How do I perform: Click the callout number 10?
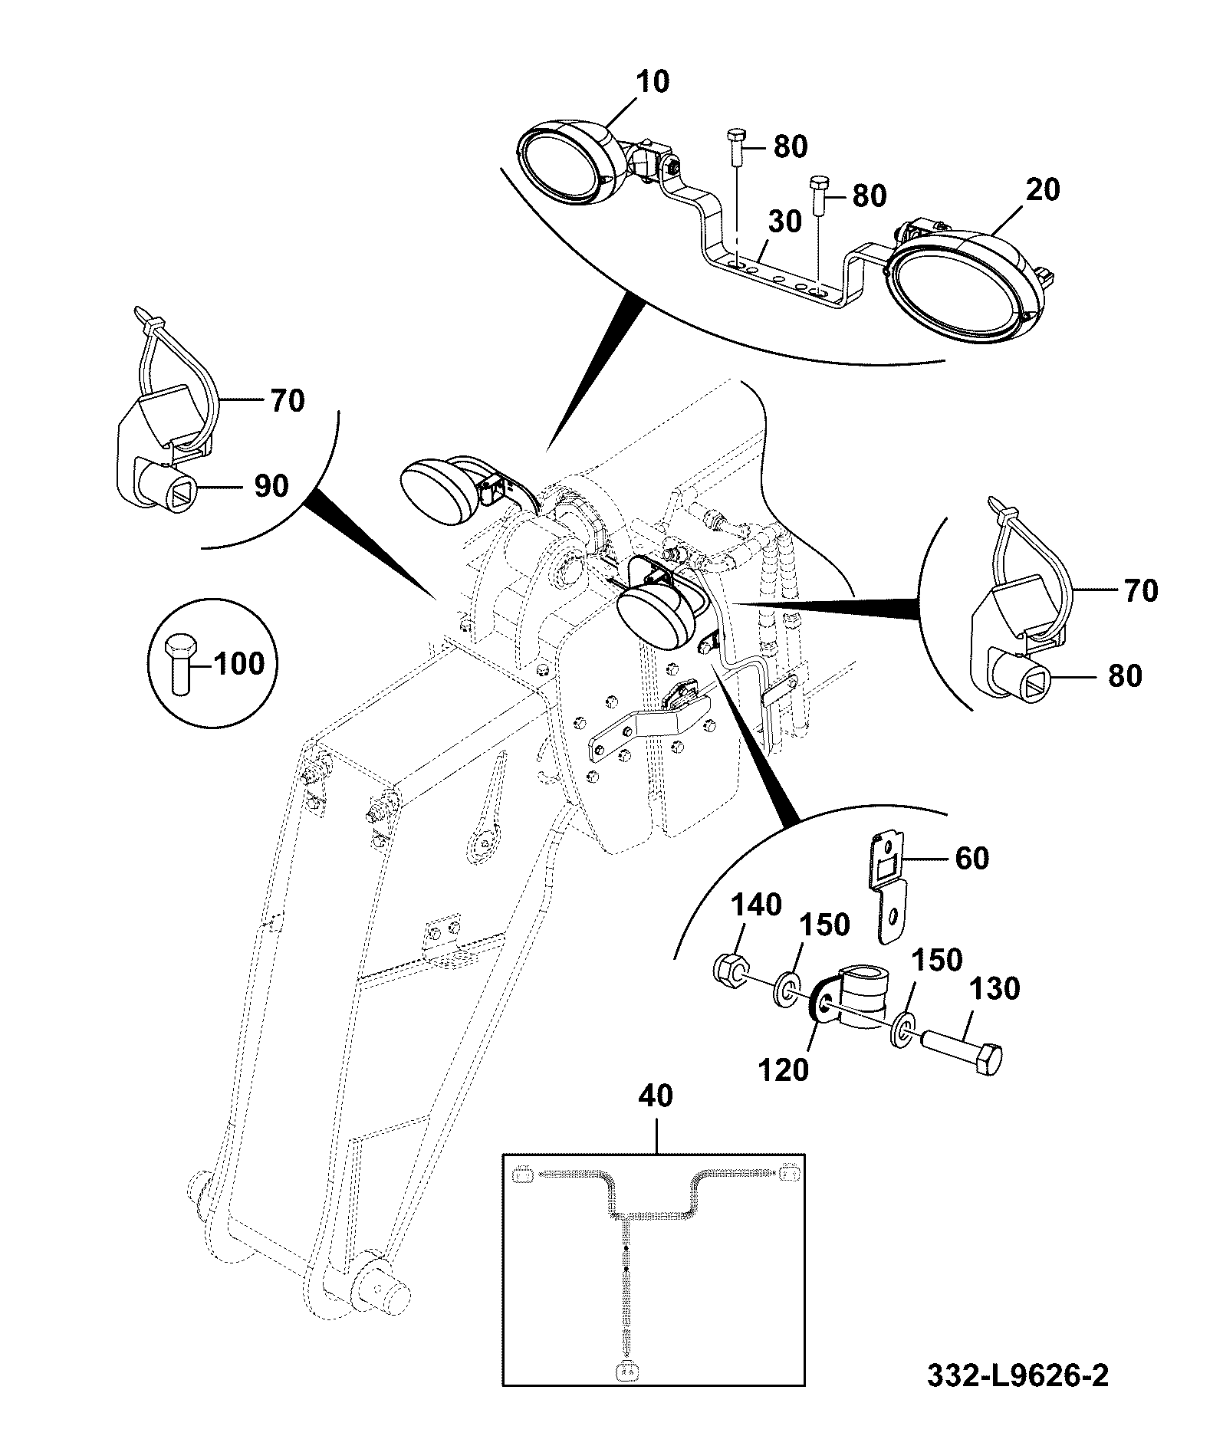(653, 81)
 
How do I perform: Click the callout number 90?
(271, 485)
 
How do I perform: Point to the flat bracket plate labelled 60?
(889, 889)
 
